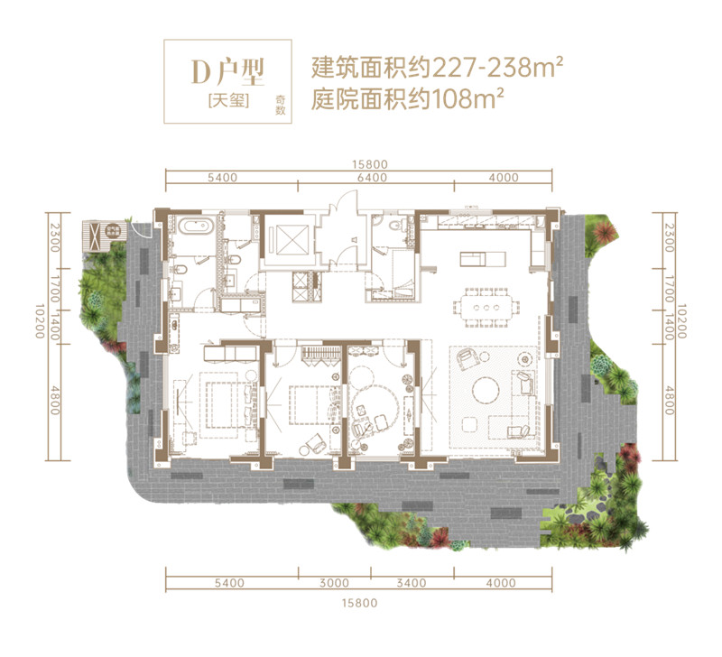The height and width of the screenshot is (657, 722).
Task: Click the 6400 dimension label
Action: coord(371,178)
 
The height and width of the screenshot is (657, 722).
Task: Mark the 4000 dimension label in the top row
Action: coord(503,178)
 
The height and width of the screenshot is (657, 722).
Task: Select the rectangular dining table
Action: coord(487,304)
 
